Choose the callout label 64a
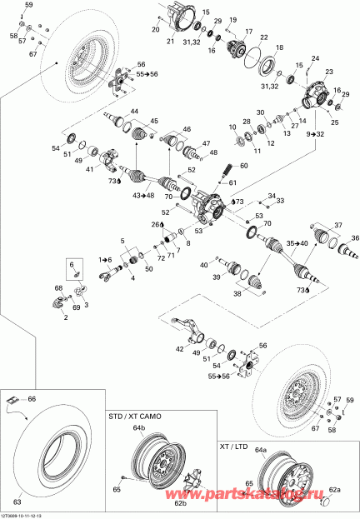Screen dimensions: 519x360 [259, 450]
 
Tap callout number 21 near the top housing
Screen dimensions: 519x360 [171, 41]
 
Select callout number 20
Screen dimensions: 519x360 [155, 30]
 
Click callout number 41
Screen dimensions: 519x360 [88, 169]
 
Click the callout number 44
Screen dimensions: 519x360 [133, 112]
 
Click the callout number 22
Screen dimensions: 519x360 [263, 38]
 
